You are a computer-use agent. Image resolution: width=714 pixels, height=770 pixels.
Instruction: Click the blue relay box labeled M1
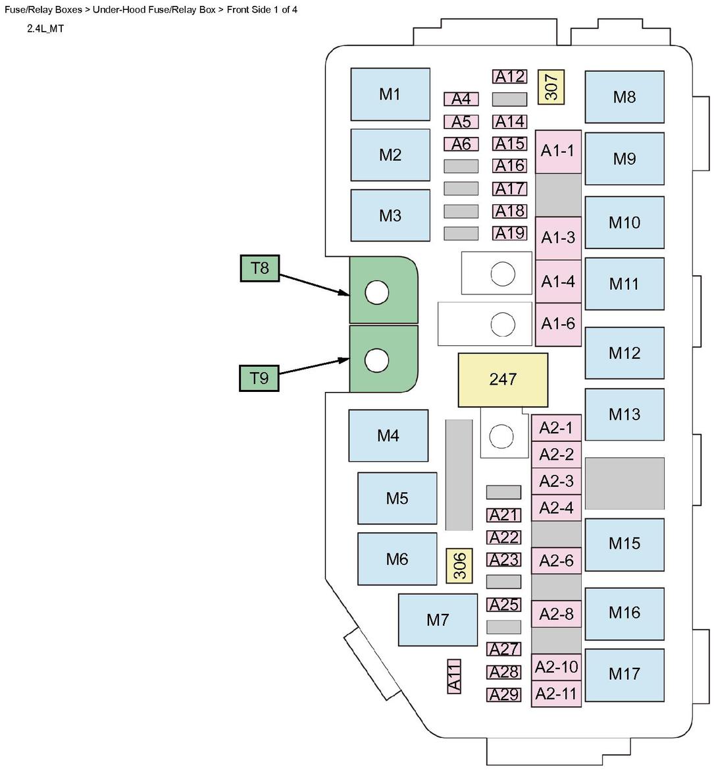pos(390,94)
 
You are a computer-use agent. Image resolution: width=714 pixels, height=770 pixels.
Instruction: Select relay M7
pos(438,620)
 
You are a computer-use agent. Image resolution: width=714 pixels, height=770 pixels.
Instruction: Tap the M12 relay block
pos(625,353)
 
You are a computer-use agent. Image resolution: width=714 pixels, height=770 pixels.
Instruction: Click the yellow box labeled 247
pos(503,379)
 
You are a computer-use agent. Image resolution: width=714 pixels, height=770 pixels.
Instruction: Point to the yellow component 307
pos(551,87)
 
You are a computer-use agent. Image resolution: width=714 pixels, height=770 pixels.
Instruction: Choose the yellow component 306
pos(460,565)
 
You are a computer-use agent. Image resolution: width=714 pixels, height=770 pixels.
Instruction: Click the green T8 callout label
pos(260,268)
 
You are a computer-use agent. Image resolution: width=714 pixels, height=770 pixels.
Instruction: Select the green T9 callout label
pos(259,378)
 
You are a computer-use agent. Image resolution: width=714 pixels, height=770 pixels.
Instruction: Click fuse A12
pos(510,76)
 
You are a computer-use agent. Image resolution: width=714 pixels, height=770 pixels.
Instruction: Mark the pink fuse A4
pos(461,99)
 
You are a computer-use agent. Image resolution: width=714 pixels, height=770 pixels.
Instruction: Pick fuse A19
pos(510,233)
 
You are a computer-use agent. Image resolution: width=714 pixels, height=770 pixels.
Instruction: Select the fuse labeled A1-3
pos(558,238)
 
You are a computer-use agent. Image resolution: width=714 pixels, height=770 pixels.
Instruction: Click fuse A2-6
pos(557,561)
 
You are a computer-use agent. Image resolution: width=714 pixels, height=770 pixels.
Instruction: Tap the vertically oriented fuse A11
pos(454,676)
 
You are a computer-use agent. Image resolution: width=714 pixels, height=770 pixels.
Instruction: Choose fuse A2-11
pos(556,694)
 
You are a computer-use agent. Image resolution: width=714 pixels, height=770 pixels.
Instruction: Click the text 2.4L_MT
pos(45,29)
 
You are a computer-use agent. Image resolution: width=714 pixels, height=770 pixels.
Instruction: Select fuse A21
pos(504,514)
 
